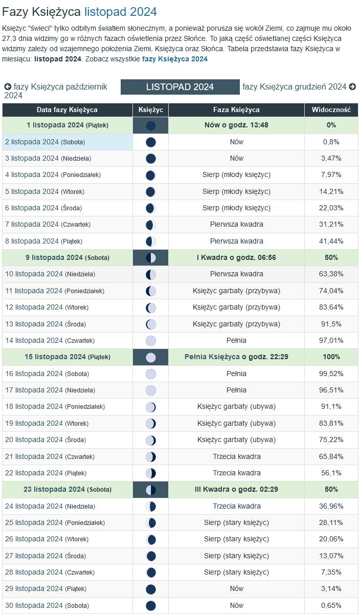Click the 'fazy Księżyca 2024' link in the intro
[x=175, y=59]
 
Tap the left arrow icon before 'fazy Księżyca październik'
[x=8, y=87]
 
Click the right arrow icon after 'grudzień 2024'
[x=352, y=87]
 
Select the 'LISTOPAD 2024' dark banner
[x=180, y=87]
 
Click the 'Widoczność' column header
[x=331, y=109]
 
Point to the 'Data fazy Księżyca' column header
[x=67, y=109]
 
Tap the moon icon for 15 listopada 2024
[x=150, y=357]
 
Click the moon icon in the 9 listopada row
[x=150, y=257]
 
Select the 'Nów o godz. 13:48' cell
[x=236, y=125]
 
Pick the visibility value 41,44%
[x=331, y=241]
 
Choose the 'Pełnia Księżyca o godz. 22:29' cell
[x=236, y=357]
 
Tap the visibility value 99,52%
[x=331, y=374]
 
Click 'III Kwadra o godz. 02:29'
[x=236, y=489]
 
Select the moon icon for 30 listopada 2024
[x=150, y=605]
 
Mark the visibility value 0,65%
[x=331, y=605]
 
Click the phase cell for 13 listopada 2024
[x=236, y=324]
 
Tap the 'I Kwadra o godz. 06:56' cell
[x=236, y=257]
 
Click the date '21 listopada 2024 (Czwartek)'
[x=50, y=456]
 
